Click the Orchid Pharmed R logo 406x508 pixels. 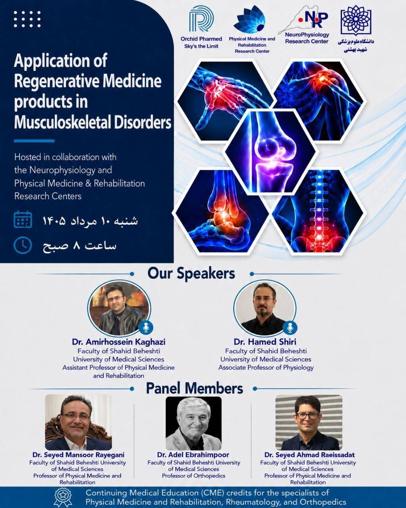[202, 19]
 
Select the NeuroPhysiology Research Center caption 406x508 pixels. [307, 38]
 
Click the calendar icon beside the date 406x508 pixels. [23, 219]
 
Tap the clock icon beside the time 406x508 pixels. [23, 245]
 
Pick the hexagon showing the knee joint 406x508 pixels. [270, 152]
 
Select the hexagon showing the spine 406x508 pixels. [319, 211]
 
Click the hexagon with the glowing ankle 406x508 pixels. [222, 211]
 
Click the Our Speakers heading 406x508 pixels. [191, 273]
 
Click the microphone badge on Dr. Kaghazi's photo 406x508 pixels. [146, 327]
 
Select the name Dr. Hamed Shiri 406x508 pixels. [265, 342]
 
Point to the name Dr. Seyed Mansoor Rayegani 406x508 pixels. [79, 455]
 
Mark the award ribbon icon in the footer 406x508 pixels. [63, 497]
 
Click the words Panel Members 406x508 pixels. [194, 388]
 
